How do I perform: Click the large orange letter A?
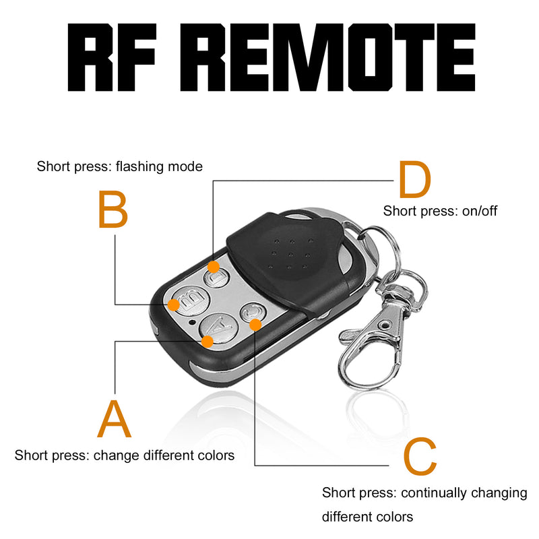point(115,419)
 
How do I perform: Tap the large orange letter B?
point(113,210)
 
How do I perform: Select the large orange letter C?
point(420,457)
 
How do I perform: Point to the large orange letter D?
point(414,181)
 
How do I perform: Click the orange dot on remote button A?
point(208,341)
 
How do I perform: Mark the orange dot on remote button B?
point(173,305)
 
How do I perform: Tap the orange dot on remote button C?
point(255,325)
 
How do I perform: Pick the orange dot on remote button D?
point(213,267)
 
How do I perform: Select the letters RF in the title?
point(123,59)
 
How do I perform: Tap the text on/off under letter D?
point(480,211)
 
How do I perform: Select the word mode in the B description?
point(186,166)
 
